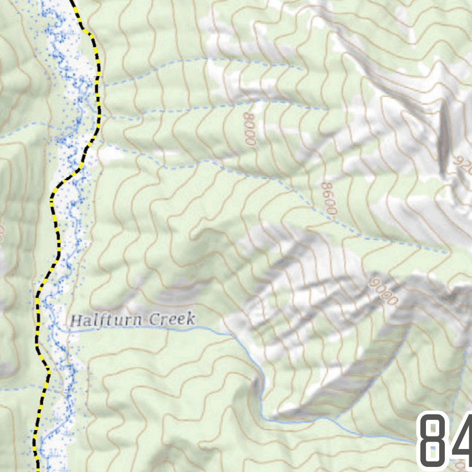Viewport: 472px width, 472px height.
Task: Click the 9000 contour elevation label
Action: coord(383,291)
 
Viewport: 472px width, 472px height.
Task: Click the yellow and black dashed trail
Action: coord(59,240)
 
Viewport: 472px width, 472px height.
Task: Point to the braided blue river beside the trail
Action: coord(71,221)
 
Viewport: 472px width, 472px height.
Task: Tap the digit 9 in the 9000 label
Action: coord(373,282)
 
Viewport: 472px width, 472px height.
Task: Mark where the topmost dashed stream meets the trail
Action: coord(99,85)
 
